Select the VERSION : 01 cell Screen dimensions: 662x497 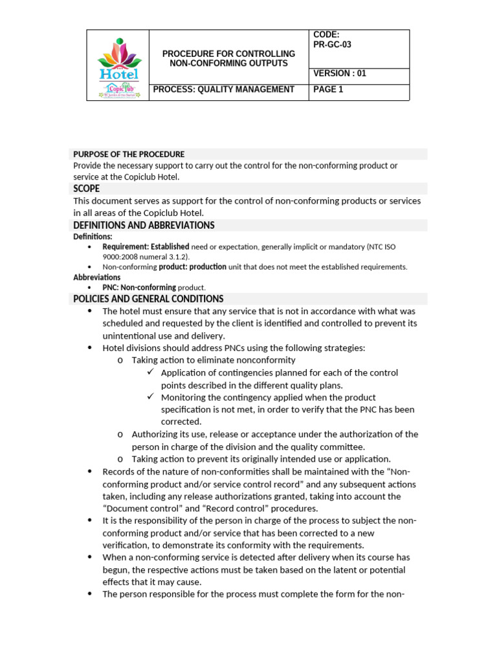tap(340, 74)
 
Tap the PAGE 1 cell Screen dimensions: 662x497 tap(328, 90)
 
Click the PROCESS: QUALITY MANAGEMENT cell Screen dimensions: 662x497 tap(223, 90)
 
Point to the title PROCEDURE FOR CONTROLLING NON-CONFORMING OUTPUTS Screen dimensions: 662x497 tap(228, 58)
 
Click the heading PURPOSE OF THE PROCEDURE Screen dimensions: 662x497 tap(129, 155)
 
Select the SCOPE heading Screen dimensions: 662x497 tap(87, 189)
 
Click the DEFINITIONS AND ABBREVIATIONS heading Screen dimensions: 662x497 tap(144, 226)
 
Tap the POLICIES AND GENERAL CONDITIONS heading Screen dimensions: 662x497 tap(148, 299)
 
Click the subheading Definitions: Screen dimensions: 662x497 tap(93, 237)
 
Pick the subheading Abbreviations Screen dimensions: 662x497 tap(96, 277)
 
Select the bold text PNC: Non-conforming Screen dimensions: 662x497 tap(139, 288)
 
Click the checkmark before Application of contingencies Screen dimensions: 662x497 tap(150, 372)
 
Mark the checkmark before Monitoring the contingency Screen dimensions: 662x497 tap(150, 397)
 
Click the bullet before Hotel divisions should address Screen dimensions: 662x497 tap(89, 348)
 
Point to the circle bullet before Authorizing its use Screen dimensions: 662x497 tap(121, 434)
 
